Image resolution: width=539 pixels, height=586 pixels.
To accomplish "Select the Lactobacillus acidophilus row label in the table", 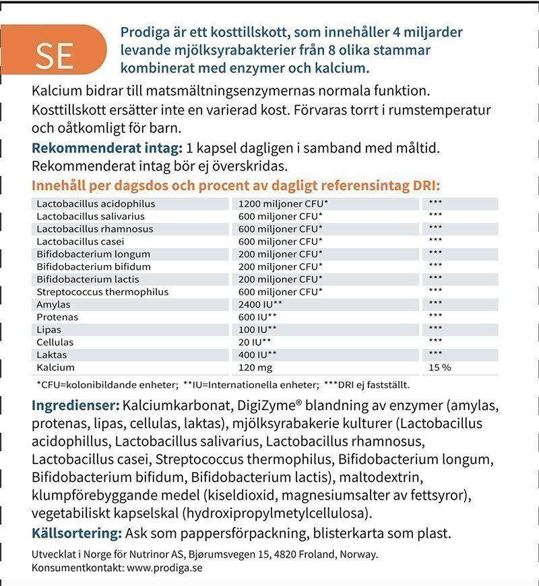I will pyautogui.click(x=96, y=204).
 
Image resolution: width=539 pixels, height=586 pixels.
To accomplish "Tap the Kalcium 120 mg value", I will pyautogui.click(x=256, y=368).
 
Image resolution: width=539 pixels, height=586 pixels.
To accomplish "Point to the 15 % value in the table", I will pyautogui.click(x=440, y=368).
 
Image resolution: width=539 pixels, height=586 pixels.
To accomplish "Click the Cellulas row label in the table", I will pyautogui.click(x=55, y=343).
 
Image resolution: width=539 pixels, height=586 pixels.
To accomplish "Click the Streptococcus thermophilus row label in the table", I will pyautogui.click(x=102, y=292).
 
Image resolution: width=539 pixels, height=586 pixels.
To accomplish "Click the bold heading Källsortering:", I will pyautogui.click(x=77, y=533).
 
